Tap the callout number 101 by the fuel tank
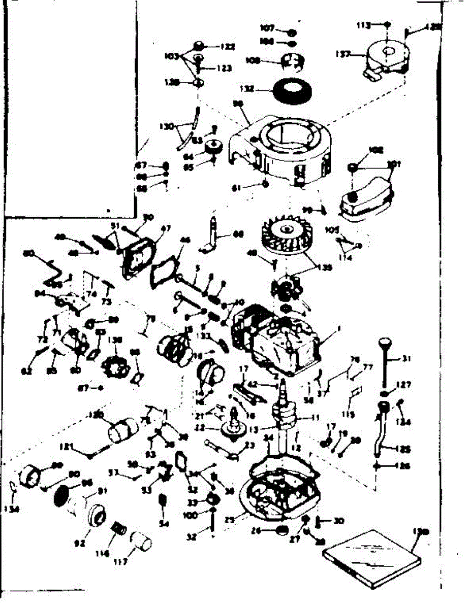click(x=394, y=164)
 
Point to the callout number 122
click(x=228, y=46)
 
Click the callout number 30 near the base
click(x=339, y=520)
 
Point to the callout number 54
click(x=163, y=524)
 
